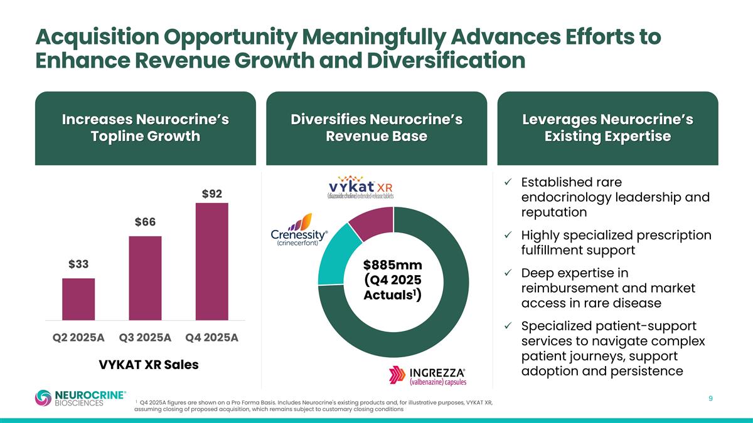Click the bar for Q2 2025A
click(x=78, y=299)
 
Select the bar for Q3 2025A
click(x=145, y=278)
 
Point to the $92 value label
click(x=211, y=194)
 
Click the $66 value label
click(x=145, y=222)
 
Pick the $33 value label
click(x=78, y=264)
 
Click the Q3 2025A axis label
click(x=145, y=337)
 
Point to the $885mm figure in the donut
click(x=393, y=266)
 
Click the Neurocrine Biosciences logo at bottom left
click(x=80, y=398)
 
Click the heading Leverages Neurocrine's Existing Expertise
click(x=607, y=128)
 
